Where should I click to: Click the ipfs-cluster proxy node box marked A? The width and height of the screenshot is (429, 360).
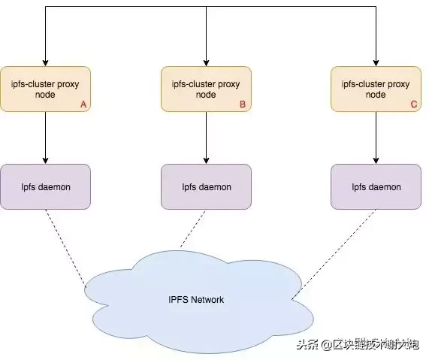point(46,89)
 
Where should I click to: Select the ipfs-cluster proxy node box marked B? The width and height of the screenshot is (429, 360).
point(206,89)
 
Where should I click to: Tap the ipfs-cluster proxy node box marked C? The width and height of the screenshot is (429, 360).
point(376,89)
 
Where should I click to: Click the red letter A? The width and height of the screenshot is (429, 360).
point(83,105)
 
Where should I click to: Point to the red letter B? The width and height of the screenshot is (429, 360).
point(243,105)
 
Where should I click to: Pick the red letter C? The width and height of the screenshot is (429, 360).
point(413,105)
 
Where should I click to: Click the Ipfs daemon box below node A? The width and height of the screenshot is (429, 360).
point(46,186)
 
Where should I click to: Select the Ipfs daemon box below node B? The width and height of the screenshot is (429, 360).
point(206,186)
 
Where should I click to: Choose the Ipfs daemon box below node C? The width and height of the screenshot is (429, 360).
point(376,186)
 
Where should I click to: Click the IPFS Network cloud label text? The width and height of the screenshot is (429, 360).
point(196,300)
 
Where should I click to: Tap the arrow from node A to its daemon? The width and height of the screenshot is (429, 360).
point(46,138)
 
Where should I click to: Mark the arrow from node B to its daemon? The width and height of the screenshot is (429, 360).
point(206,138)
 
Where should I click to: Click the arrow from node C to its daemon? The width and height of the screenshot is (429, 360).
point(376,138)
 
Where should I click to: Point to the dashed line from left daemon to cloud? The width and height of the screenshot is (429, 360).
point(65,247)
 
